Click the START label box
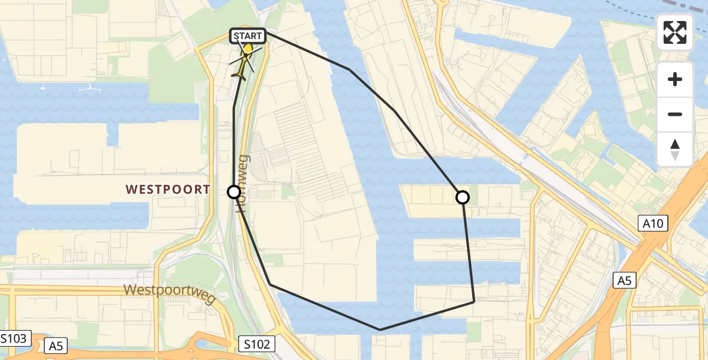tap(247, 37)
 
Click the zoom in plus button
tap(675, 79)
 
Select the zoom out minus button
tap(675, 114)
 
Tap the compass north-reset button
tap(675, 149)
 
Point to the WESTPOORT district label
tap(168, 190)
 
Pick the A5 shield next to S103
tap(56, 345)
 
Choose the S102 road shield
tap(257, 344)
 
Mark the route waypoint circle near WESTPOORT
tap(234, 192)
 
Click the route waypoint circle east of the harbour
tap(463, 197)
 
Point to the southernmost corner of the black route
tap(380, 329)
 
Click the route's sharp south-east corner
tap(474, 301)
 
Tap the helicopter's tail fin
tap(238, 76)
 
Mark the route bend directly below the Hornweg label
tap(269, 284)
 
